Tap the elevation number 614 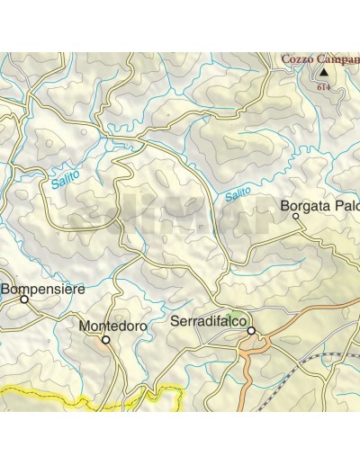tap(322, 88)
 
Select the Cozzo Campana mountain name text tap(319, 59)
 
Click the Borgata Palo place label tap(320, 206)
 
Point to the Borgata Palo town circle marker tap(295, 216)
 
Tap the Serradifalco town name tap(207, 320)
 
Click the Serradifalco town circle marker tap(251, 330)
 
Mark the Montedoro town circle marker tap(105, 340)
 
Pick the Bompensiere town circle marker tap(24, 300)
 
